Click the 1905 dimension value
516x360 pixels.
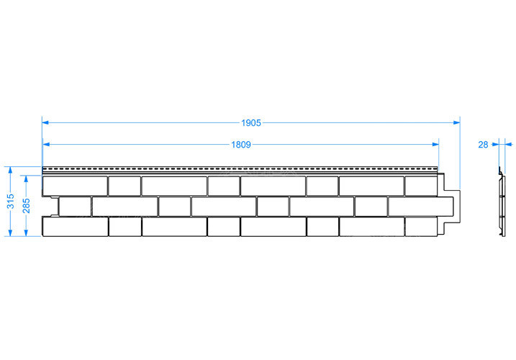tap(251, 123)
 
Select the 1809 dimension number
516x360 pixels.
tap(241, 145)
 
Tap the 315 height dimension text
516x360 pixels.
tap(11, 202)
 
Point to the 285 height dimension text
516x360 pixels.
tap(27, 205)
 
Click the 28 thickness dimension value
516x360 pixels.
tap(483, 145)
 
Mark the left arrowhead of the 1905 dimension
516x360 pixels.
tap(45, 123)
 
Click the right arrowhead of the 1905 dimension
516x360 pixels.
tap(456, 123)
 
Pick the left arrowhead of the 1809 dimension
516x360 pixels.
tap(46, 145)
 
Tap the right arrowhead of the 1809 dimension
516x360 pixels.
tap(435, 145)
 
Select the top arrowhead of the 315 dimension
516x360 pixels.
tap(11, 171)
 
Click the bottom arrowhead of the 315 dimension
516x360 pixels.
tap(11, 233)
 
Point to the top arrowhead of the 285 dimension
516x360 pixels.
tap(27, 179)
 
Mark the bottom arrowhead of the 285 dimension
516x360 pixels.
tap(27, 233)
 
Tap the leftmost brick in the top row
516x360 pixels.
tap(75, 186)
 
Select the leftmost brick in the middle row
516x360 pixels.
tap(75, 207)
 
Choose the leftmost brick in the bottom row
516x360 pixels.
tap(76, 227)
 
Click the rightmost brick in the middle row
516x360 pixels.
tap(420, 207)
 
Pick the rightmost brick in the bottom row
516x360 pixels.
tap(421, 227)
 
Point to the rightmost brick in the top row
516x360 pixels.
tap(421, 186)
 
